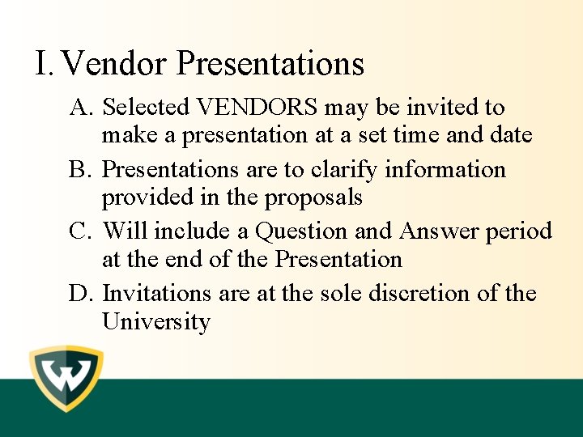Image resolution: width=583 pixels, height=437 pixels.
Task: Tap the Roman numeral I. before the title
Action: pyautogui.click(x=45, y=63)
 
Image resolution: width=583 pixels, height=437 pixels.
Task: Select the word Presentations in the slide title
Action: pyautogui.click(x=270, y=63)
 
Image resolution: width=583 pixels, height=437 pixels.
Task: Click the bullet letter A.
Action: pyautogui.click(x=82, y=108)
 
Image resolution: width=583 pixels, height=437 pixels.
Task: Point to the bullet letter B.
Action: pyautogui.click(x=81, y=170)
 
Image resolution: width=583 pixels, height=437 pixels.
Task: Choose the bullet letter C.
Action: pyautogui.click(x=81, y=232)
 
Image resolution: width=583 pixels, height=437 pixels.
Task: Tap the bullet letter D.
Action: pyautogui.click(x=82, y=294)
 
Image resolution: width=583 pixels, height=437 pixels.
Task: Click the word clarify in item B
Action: pyautogui.click(x=342, y=171)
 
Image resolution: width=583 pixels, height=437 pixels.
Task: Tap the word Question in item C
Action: pyautogui.click(x=302, y=232)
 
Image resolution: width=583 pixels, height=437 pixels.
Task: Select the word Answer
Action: pyautogui.click(x=440, y=232)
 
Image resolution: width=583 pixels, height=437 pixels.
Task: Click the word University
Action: pyautogui.click(x=155, y=322)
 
